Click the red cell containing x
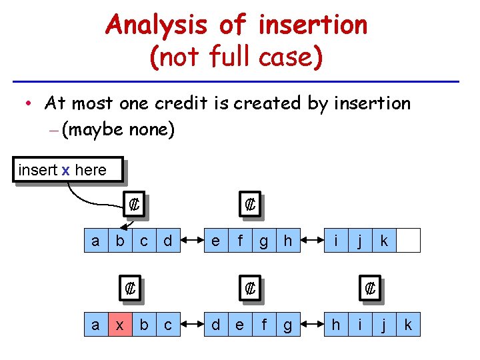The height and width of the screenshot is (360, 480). pos(120,325)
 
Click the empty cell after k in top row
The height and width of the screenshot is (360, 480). pos(409,241)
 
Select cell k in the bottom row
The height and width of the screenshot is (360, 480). pos(409,325)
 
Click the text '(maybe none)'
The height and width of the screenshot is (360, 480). pos(118,129)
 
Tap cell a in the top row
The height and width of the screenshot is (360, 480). pos(95,241)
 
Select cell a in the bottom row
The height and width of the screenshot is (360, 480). pos(95,325)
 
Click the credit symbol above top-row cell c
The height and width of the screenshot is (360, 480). pos(133,205)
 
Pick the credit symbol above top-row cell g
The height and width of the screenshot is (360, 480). pos(250,205)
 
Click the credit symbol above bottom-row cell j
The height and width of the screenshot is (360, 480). pos(371,289)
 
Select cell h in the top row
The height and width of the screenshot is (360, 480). pos(288,241)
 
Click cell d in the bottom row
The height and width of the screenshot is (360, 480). pos(215,325)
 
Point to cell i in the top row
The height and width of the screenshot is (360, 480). pos(336,241)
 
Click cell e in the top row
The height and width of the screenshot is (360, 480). pos(215,241)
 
